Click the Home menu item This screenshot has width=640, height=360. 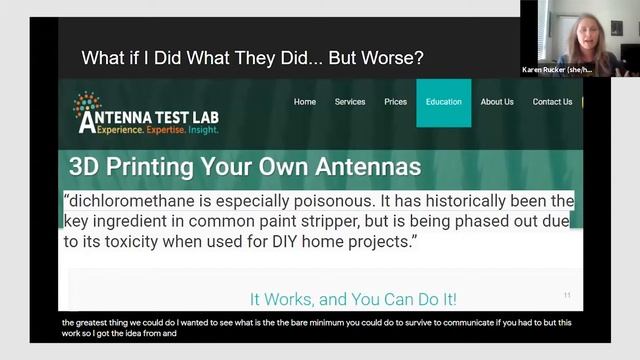[305, 102]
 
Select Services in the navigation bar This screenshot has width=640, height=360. [350, 102]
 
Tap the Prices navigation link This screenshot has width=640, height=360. [396, 102]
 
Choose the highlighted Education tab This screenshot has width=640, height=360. [443, 102]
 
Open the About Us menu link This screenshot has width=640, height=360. [497, 102]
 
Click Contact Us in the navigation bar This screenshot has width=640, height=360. [552, 102]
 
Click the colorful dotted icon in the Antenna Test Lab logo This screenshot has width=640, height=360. [87, 102]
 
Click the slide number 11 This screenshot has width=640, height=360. [567, 295]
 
